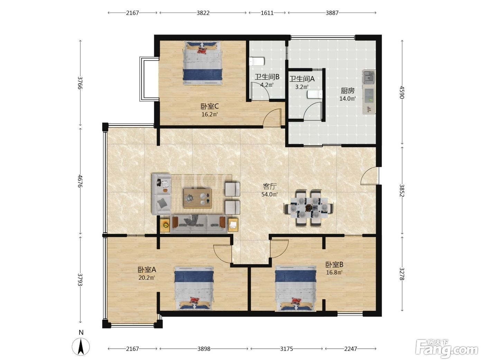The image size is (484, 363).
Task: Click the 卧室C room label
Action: [x=210, y=106]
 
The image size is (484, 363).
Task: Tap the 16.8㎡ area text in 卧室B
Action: [x=334, y=272]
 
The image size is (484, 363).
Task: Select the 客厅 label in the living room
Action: [x=269, y=186]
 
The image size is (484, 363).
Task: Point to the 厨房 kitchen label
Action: [x=347, y=91]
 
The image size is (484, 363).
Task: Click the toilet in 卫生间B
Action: [x=257, y=62]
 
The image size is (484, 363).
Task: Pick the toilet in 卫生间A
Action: [x=315, y=94]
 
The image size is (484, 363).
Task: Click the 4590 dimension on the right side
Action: [x=402, y=92]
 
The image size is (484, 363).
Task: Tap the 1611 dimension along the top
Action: [x=267, y=13]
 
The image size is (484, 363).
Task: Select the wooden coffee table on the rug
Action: [x=197, y=198]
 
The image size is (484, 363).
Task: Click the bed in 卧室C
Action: [x=203, y=63]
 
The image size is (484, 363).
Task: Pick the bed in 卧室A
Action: [x=194, y=288]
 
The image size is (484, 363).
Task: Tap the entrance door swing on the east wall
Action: [x=370, y=175]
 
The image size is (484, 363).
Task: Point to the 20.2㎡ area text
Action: [x=147, y=278]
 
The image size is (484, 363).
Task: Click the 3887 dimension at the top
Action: [x=332, y=13]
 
